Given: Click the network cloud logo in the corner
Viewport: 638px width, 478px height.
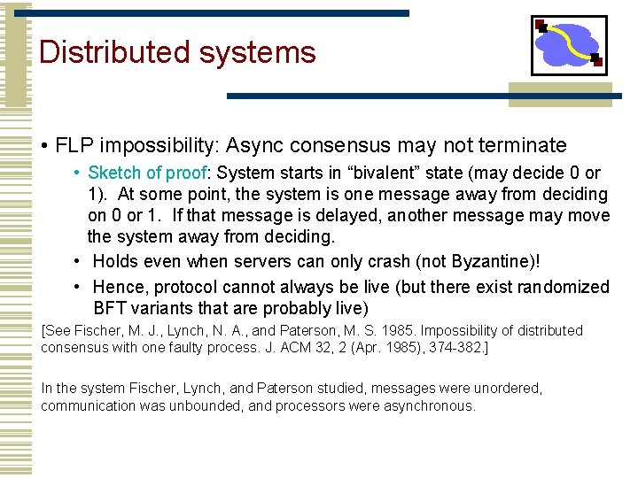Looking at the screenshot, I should pos(569,45).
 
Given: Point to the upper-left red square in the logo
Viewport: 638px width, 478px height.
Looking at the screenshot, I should pos(541,27).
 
